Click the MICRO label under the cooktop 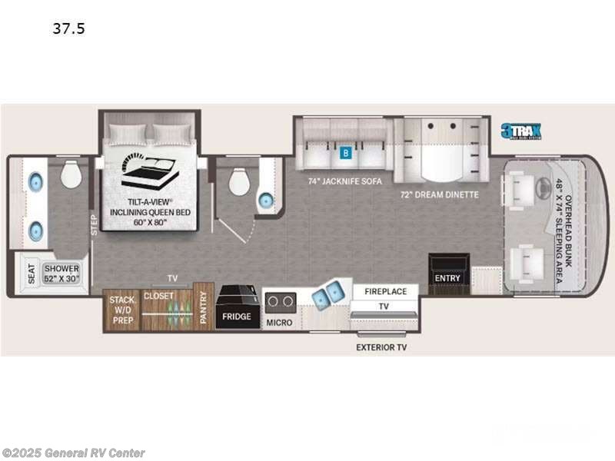click(279, 322)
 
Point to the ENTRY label click(447, 278)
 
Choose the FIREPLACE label click(384, 291)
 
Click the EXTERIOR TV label click(381, 347)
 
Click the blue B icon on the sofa click(346, 152)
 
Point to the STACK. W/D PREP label click(121, 309)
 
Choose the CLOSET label click(159, 296)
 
